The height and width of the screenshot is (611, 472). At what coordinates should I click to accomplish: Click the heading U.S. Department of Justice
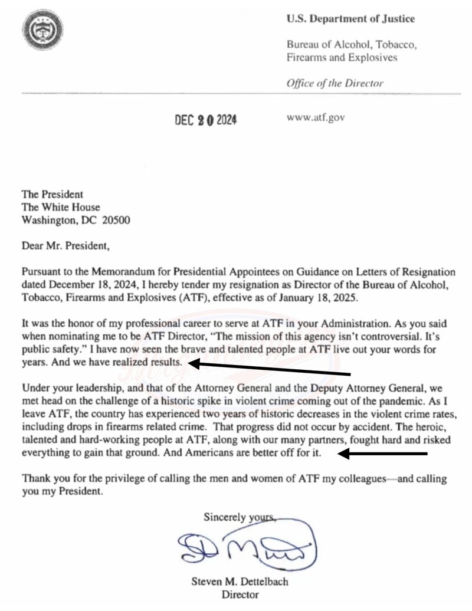coord(350,19)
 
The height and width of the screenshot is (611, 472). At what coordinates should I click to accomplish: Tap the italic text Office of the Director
coord(335,83)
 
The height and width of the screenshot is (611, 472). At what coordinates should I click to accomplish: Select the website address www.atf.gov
coord(315,117)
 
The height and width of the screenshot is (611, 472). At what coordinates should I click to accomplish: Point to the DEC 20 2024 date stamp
coord(205,120)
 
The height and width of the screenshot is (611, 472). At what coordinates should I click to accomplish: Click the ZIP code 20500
coord(117,221)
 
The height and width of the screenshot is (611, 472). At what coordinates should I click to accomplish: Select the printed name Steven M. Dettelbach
coord(240,582)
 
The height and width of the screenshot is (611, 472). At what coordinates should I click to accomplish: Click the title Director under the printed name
coord(240,594)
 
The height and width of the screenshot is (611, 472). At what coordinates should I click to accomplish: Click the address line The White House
coord(61,207)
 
